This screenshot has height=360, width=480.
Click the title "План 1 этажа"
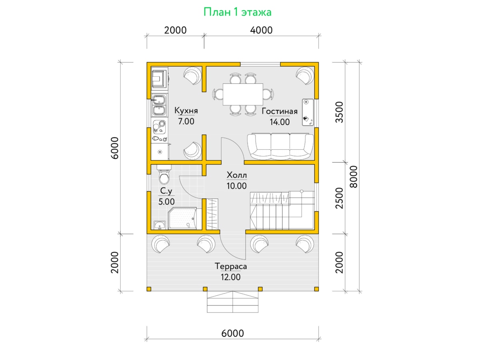pos(237,12)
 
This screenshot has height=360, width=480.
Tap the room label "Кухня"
pos(186,111)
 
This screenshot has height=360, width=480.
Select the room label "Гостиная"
pos(280,111)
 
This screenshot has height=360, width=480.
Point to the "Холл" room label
pos(237,175)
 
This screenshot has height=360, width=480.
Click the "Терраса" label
pos(231,266)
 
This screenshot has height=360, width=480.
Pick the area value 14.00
pos(280,122)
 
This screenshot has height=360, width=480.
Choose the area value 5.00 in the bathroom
pos(166,202)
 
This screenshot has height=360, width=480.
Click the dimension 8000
pos(354,177)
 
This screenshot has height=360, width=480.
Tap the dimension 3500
pos(339,112)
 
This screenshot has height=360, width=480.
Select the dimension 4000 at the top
pos(261,30)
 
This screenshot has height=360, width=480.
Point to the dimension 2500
pos(339,198)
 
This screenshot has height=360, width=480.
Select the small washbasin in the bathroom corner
pos(160,225)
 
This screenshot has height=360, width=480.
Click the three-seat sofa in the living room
pos(280,146)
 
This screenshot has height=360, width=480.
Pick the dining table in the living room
pos(243,94)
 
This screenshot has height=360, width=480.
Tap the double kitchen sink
pos(159,105)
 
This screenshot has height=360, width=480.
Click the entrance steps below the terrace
pos(233,302)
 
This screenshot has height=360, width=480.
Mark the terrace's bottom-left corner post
pos(149,289)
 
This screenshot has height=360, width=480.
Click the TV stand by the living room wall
pos(308,112)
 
